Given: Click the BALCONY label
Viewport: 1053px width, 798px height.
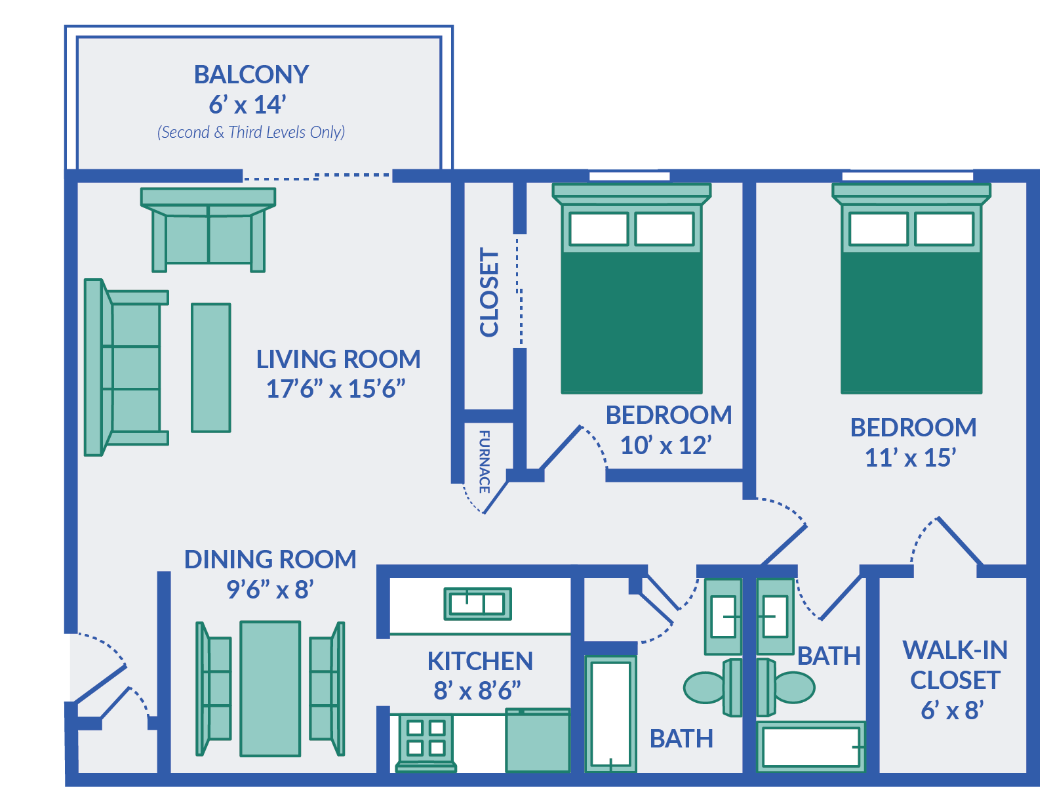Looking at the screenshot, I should point(251,75).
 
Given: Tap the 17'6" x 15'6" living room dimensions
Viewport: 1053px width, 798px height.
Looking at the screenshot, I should point(336,389).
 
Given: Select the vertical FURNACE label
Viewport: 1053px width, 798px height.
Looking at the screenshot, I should point(485,461).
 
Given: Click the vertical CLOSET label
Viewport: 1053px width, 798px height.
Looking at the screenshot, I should point(489,292).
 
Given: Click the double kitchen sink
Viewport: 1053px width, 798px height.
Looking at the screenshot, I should point(477,604).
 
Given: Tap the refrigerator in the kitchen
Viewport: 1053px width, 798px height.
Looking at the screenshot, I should point(538,741).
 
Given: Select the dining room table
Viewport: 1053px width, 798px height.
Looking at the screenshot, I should point(270,688).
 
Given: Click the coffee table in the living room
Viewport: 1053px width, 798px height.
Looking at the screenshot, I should point(210,367).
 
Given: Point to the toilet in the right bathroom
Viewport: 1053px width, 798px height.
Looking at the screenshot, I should point(787,687).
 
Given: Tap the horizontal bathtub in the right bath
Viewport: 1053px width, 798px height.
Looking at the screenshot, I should point(811,747).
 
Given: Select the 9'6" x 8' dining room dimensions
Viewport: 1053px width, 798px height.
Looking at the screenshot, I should point(270,590).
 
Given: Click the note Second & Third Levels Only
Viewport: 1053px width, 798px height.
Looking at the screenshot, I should point(251,133).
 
